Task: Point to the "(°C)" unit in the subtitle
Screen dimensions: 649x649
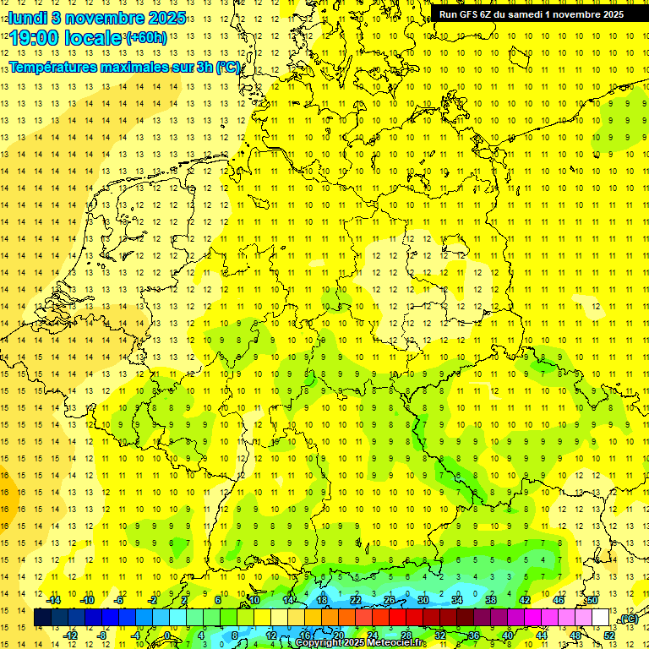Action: tap(228, 68)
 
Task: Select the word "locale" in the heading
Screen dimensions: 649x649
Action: tap(95, 38)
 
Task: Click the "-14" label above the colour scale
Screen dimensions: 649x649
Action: tap(53, 600)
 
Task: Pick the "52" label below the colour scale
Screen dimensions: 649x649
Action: tap(609, 635)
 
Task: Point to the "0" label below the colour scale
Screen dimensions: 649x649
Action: tap(166, 635)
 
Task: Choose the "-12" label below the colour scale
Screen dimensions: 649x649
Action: tap(71, 635)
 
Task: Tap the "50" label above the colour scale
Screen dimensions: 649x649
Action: tap(592, 600)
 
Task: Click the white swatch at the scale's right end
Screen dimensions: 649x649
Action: tap(601, 618)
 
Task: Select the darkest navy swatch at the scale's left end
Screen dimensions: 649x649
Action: tap(42, 618)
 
